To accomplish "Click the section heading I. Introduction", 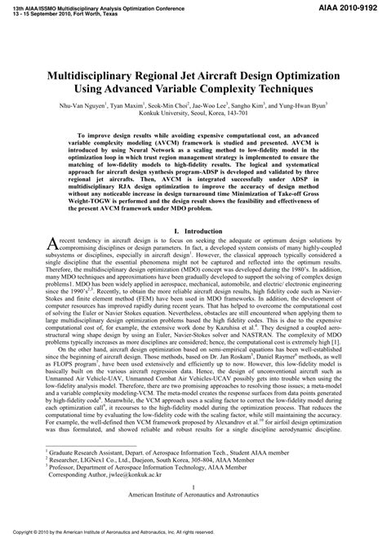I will [x=193, y=231].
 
